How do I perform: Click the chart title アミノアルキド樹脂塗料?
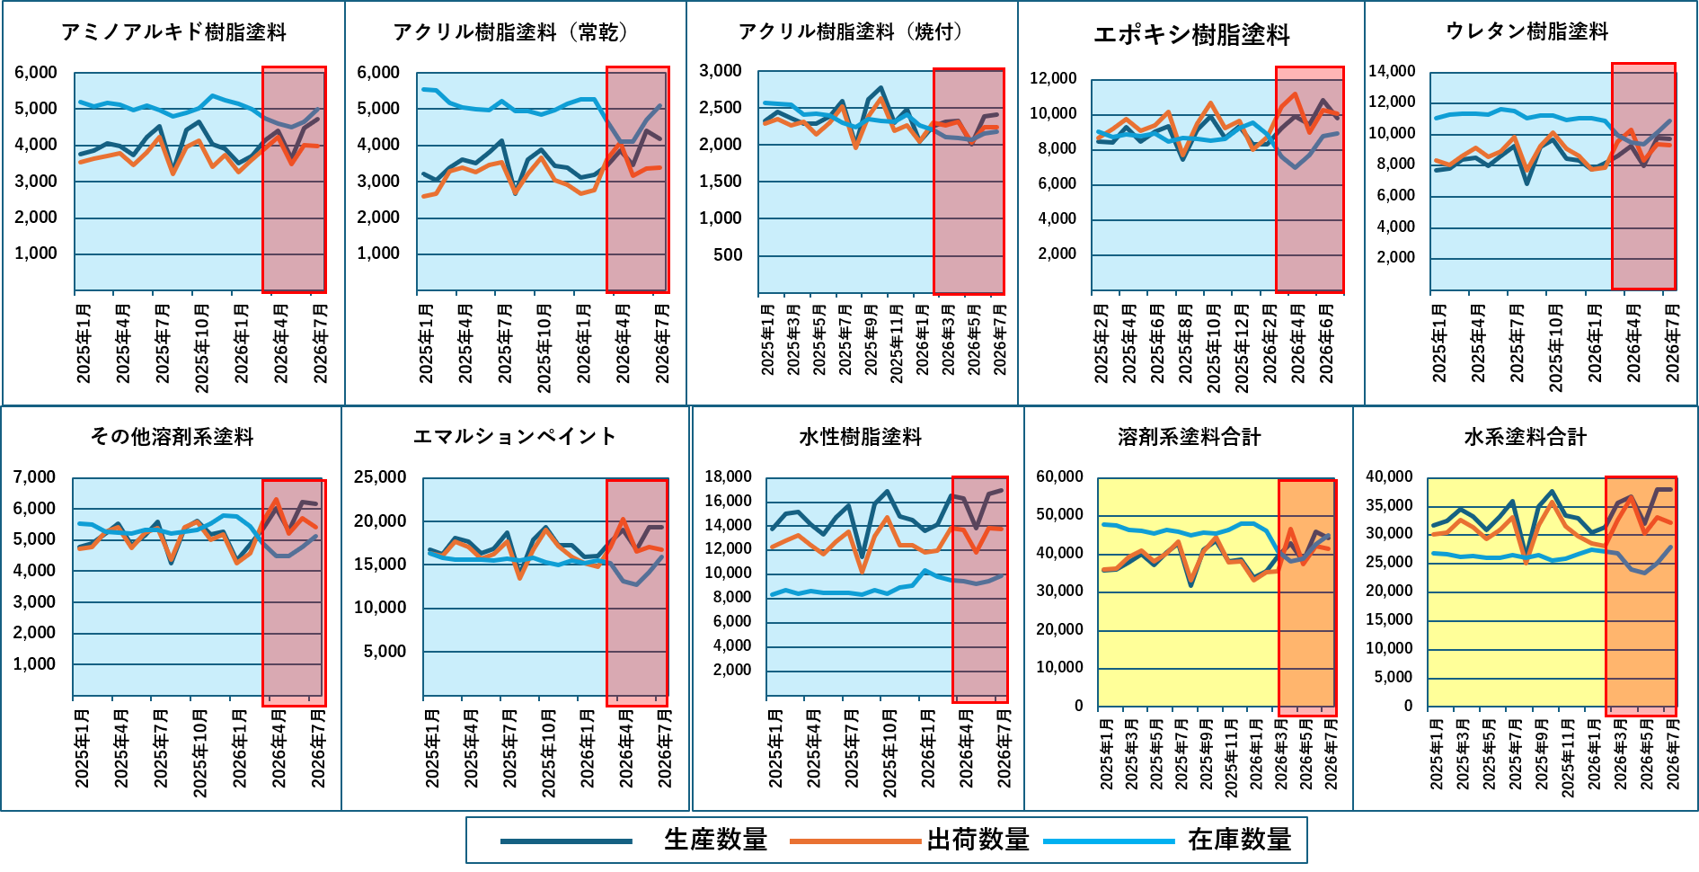click(174, 32)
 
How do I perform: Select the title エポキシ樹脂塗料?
click(1191, 35)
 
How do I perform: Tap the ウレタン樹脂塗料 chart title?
click(1526, 31)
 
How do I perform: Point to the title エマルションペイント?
click(515, 437)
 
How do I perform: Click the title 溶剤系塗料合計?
click(1189, 437)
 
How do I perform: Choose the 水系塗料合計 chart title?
click(1526, 437)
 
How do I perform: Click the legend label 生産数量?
click(715, 840)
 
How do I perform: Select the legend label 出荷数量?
click(978, 840)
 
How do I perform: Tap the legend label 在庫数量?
click(1239, 840)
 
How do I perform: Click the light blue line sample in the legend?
click(1109, 841)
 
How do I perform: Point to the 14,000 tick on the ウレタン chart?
click(1392, 71)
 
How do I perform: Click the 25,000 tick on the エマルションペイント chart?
click(380, 477)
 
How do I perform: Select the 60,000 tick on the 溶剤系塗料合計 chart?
click(1060, 476)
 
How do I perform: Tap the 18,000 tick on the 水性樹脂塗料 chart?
click(728, 476)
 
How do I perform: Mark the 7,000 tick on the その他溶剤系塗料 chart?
click(34, 477)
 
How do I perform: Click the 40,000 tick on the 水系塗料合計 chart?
click(1389, 476)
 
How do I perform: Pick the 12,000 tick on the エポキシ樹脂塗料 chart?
click(1053, 78)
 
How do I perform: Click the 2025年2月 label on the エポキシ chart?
click(1101, 343)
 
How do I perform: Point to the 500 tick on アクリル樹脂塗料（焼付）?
click(728, 255)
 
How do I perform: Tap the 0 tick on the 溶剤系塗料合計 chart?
click(1079, 706)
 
